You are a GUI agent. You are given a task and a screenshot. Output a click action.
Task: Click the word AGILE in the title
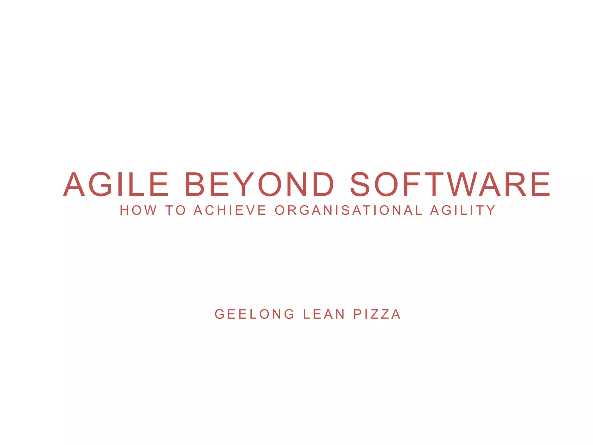(116, 184)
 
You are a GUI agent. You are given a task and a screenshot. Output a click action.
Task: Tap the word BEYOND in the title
(259, 184)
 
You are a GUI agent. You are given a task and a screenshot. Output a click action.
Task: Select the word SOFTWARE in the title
(450, 184)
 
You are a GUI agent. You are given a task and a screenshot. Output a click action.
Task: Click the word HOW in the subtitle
(138, 210)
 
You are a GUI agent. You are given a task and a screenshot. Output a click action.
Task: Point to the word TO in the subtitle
(175, 210)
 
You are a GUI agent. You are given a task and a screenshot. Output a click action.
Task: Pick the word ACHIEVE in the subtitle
(230, 210)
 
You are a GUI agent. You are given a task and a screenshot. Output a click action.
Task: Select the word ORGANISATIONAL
(348, 210)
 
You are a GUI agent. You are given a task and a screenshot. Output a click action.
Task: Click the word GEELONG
(255, 314)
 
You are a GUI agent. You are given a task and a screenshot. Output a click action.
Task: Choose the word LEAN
(324, 314)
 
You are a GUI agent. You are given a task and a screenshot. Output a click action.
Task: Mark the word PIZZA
(377, 314)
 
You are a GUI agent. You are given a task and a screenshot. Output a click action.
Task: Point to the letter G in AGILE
(100, 184)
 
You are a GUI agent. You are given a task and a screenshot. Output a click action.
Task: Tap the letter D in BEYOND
(323, 184)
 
